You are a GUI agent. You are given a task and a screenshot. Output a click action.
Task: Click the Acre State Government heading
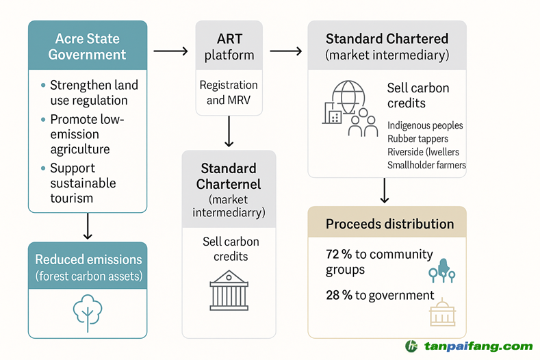click(87, 47)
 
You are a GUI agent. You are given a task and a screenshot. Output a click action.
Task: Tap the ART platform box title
click(229, 47)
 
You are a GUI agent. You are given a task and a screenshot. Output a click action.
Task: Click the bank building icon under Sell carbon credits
click(229, 290)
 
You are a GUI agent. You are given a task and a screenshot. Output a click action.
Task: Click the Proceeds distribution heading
click(389, 224)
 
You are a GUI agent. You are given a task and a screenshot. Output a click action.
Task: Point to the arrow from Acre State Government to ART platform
click(170, 51)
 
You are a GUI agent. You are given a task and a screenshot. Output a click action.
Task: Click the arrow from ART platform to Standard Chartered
click(286, 51)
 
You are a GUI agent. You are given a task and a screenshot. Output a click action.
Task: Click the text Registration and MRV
click(229, 92)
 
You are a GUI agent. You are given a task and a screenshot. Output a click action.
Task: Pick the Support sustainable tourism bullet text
click(83, 183)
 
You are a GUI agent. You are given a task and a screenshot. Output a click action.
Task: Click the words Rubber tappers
click(417, 139)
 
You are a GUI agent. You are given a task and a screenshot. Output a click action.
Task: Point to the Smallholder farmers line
click(426, 165)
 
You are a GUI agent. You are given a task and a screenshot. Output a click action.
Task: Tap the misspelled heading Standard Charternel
click(229, 176)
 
